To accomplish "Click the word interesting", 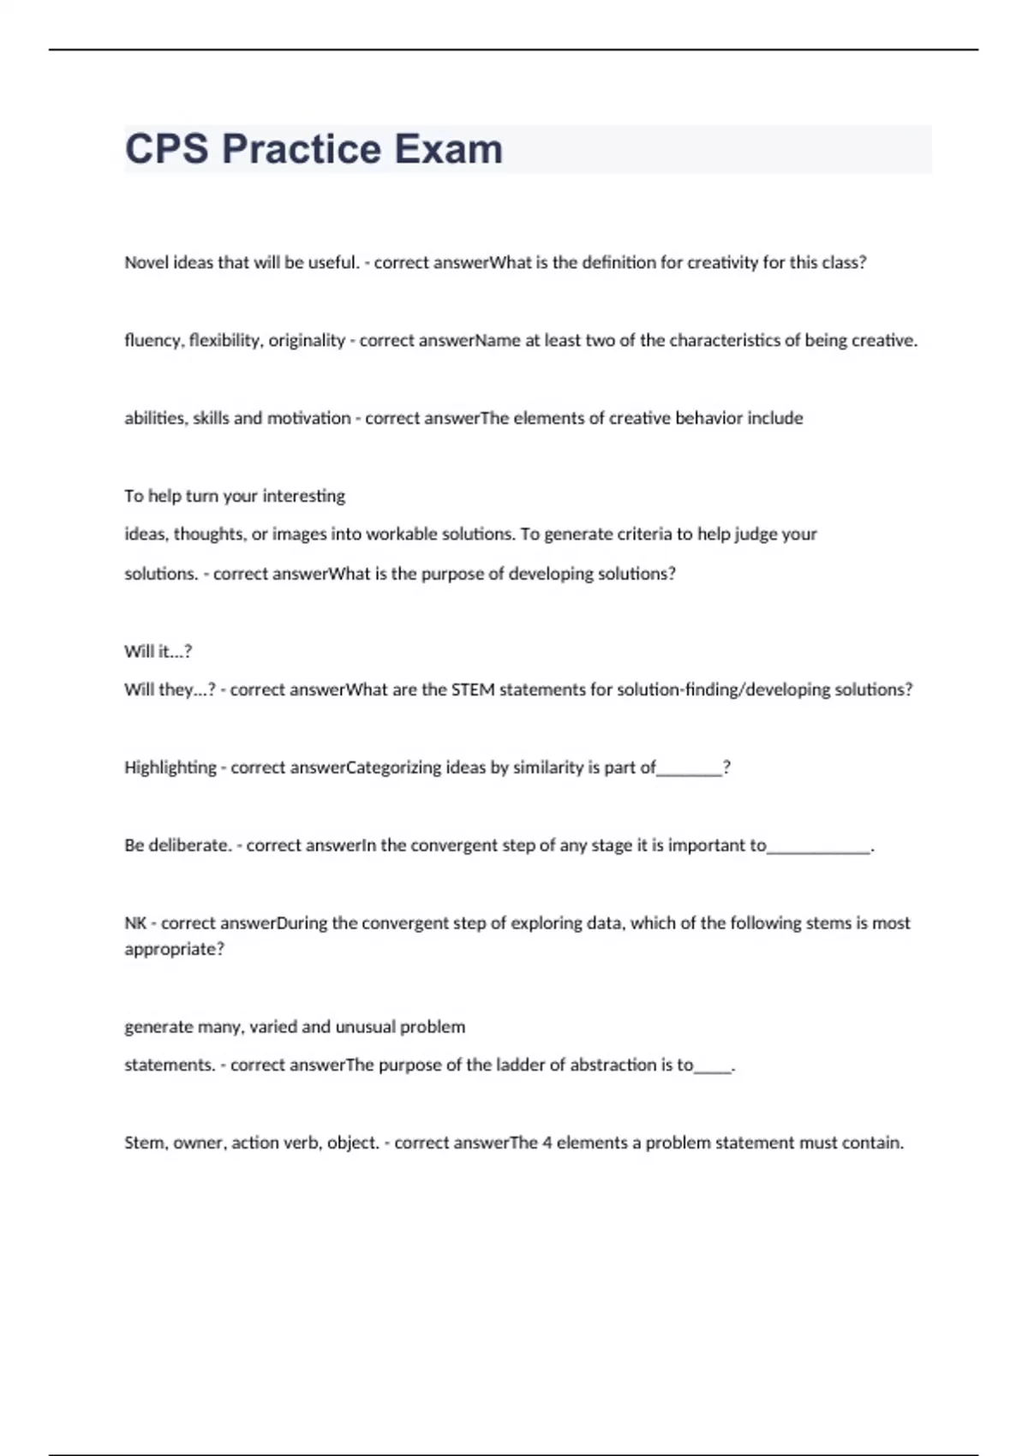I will point(304,496).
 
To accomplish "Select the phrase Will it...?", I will point(158,651).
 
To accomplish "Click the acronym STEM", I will point(473,689).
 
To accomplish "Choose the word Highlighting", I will point(170,767).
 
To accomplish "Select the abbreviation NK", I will point(135,923).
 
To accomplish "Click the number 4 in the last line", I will point(547,1143).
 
